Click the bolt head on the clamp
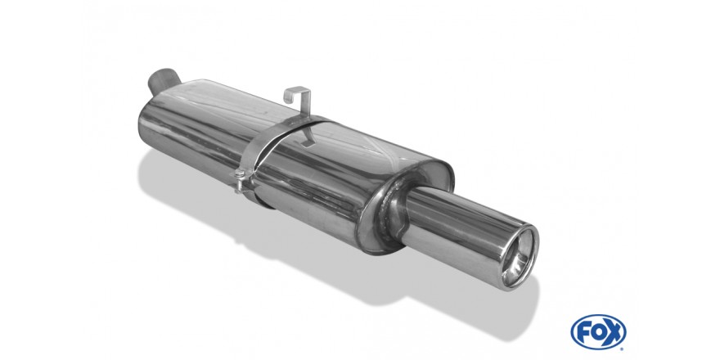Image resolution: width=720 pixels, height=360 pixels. (x=239, y=174)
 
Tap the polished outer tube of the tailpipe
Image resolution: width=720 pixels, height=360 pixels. (x=459, y=230)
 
